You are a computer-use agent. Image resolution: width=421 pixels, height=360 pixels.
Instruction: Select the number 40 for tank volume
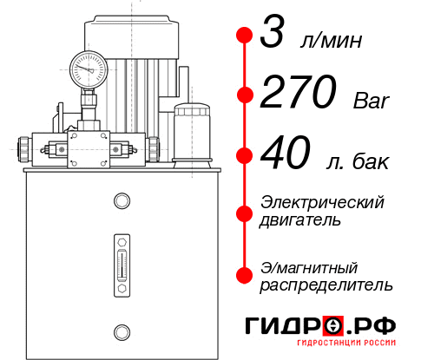tap(286, 155)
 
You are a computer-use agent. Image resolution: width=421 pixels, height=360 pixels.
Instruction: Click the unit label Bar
tap(372, 101)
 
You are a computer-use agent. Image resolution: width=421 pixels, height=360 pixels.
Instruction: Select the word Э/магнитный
tap(310, 266)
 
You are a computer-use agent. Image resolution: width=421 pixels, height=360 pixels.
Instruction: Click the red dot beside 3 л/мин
tap(245, 36)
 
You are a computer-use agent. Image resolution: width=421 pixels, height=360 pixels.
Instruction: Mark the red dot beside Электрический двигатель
tap(245, 212)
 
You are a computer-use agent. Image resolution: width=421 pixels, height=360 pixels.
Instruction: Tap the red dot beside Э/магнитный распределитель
tap(245, 275)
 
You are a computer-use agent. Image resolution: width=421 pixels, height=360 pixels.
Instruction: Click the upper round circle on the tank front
tap(121, 201)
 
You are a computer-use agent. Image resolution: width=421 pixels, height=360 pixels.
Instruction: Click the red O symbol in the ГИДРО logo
tap(333, 326)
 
